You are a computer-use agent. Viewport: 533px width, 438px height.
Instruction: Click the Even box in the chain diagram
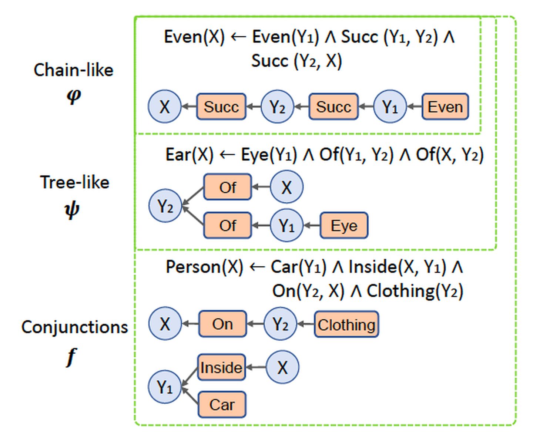[x=445, y=107]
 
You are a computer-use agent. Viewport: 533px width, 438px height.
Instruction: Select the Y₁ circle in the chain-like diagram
[x=390, y=107]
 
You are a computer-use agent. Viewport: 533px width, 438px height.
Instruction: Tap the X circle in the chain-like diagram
[x=165, y=107]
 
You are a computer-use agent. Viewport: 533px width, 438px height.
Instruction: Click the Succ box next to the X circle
[x=221, y=107]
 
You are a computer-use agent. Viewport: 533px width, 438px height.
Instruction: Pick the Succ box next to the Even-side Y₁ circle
[x=333, y=107]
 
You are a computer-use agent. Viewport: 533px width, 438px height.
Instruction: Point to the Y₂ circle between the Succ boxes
[x=277, y=107]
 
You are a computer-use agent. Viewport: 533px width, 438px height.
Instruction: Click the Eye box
[x=344, y=225]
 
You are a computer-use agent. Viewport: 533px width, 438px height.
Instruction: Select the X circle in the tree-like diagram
[x=286, y=187]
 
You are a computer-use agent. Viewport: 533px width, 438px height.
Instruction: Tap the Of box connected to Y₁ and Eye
[x=228, y=225]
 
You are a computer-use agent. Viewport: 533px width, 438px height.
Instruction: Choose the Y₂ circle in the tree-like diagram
[x=165, y=206]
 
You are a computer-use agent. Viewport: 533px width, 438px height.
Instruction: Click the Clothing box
[x=346, y=324]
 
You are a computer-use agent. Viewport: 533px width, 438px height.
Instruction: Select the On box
[x=222, y=324]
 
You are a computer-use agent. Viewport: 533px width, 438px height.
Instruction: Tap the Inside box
[x=221, y=367]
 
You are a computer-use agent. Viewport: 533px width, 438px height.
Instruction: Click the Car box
[x=222, y=404]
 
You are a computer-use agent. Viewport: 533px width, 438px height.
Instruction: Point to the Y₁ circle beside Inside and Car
[x=165, y=387]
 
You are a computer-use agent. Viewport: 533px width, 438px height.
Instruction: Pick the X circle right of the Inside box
[x=282, y=367]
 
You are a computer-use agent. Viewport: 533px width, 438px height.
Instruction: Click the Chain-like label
[x=73, y=70]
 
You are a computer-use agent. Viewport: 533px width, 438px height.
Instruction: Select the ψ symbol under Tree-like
[x=72, y=210]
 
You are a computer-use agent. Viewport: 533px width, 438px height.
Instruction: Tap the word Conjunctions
[x=74, y=327]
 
